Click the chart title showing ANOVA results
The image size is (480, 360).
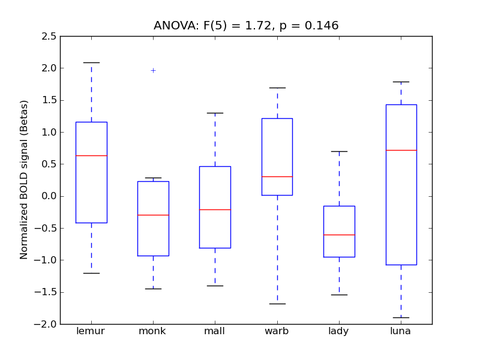click(x=246, y=26)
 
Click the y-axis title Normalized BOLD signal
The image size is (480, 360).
click(x=24, y=180)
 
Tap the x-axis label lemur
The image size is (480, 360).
click(x=91, y=331)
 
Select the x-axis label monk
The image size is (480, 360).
click(x=153, y=331)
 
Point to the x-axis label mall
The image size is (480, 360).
click(x=215, y=331)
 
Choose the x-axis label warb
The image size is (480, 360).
click(x=277, y=331)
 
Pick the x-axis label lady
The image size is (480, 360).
click(x=339, y=331)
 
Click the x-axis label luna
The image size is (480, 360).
click(x=401, y=331)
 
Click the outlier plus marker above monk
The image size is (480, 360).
click(x=153, y=70)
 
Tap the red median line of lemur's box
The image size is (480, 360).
click(x=91, y=155)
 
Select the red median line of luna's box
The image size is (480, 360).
click(x=401, y=150)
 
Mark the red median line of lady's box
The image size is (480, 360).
click(x=339, y=235)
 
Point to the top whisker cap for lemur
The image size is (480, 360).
click(x=91, y=62)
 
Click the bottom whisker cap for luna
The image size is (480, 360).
click(x=401, y=317)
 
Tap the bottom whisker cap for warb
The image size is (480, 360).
click(x=277, y=304)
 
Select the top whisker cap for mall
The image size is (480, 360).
click(x=215, y=113)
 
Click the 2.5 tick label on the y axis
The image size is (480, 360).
click(x=50, y=37)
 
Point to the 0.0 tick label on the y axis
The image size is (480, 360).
click(x=50, y=196)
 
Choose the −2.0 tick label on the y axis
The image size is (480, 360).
click(x=48, y=324)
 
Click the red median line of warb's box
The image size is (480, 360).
click(x=277, y=176)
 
